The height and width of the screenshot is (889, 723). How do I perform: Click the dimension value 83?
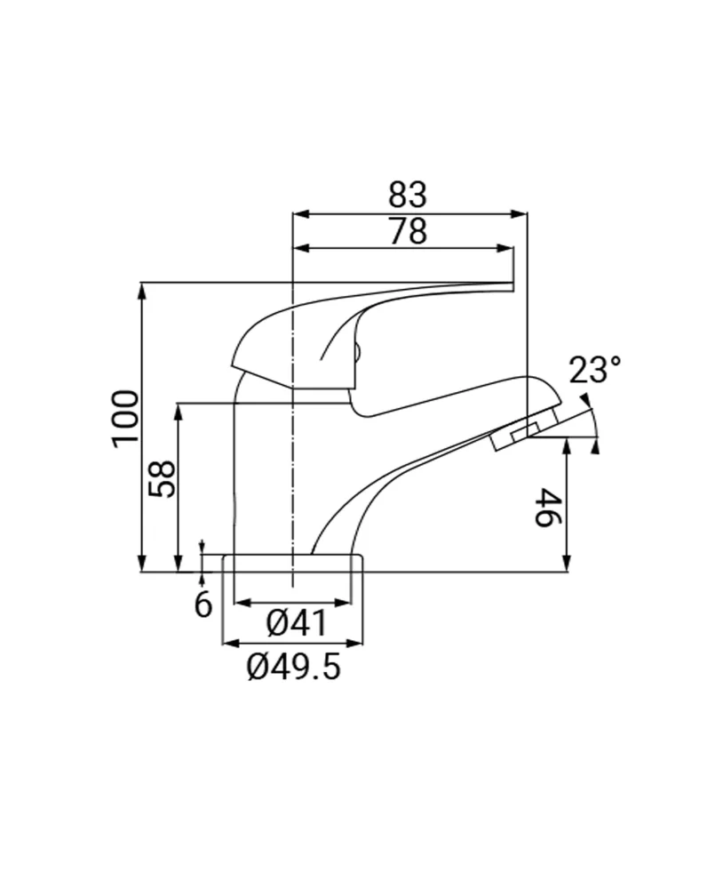click(408, 194)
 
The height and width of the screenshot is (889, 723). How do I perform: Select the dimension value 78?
click(408, 231)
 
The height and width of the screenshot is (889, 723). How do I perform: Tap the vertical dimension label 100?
click(126, 419)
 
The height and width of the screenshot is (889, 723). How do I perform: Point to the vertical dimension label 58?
click(162, 478)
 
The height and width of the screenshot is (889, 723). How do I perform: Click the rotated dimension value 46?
click(548, 508)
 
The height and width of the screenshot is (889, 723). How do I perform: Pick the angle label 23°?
click(594, 369)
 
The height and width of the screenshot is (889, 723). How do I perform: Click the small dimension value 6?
click(203, 605)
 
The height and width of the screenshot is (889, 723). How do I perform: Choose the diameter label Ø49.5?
click(293, 666)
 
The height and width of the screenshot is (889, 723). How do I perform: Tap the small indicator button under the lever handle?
click(356, 354)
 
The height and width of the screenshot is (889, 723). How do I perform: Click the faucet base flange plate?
click(293, 563)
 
